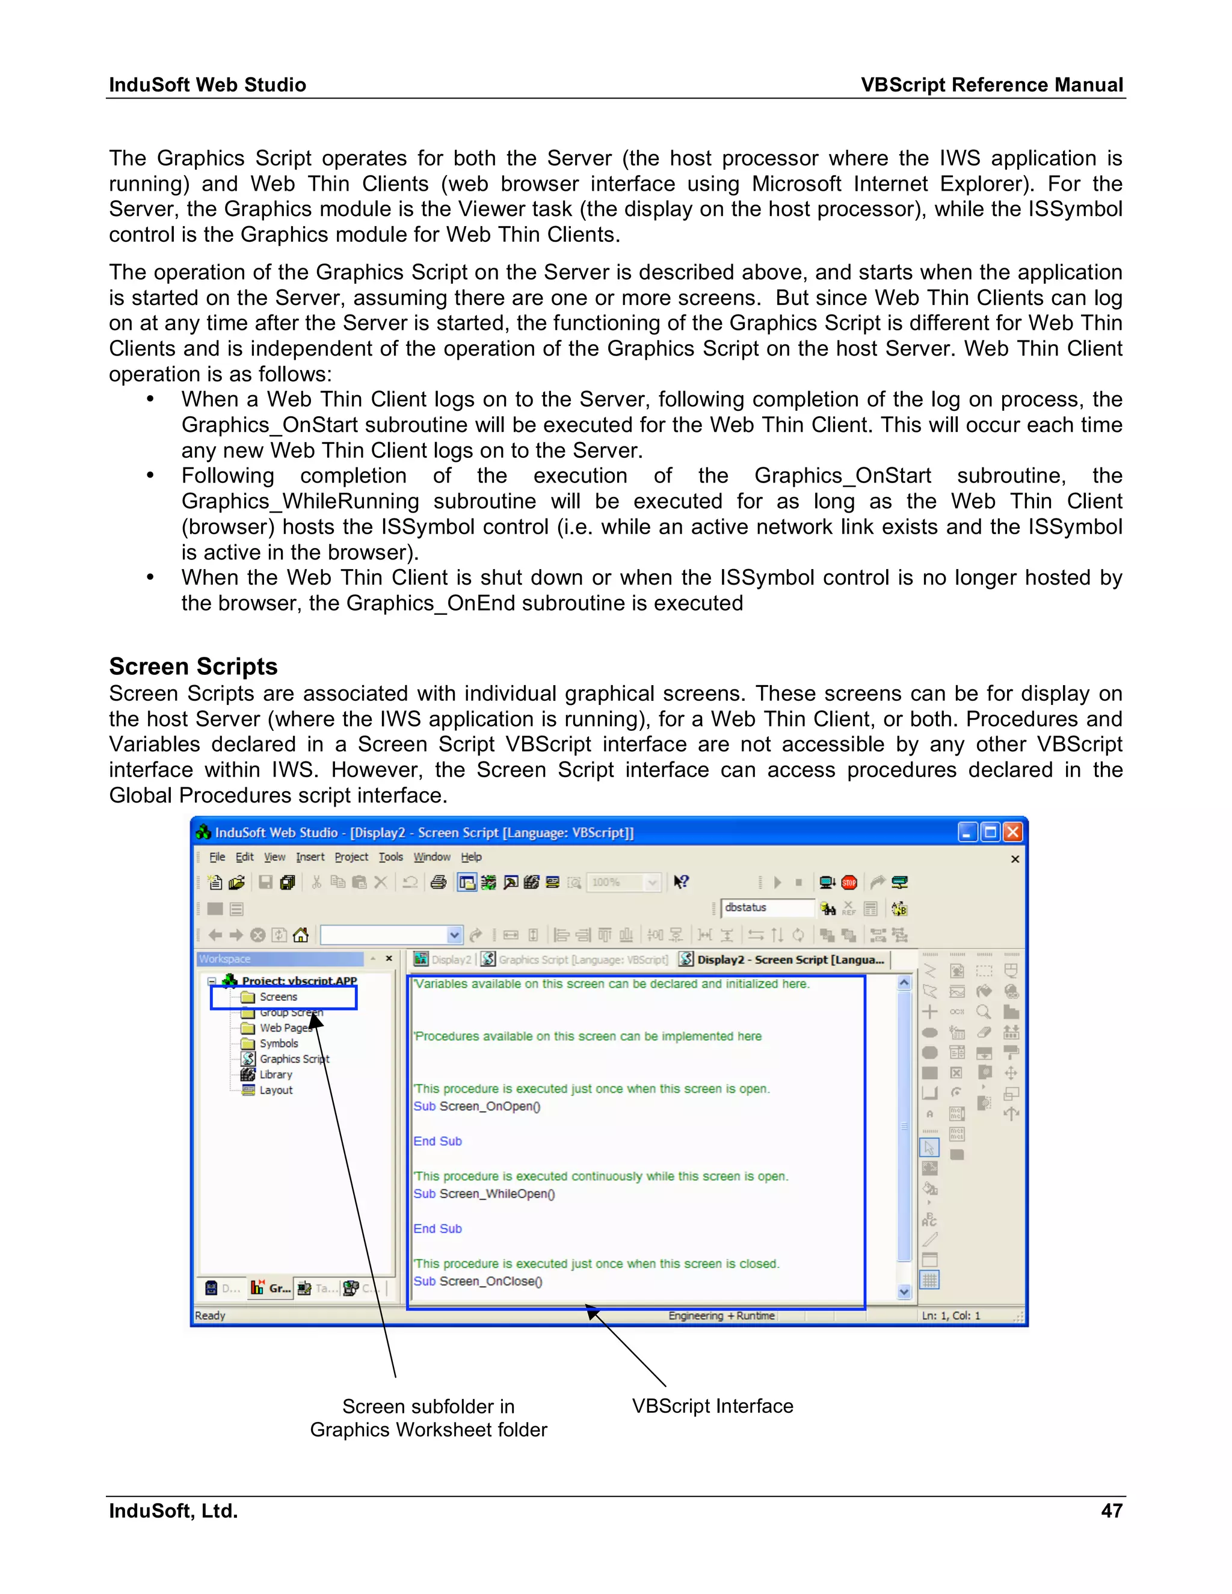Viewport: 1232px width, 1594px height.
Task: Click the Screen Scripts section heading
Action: click(194, 666)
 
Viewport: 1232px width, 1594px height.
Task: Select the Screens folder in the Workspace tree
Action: click(278, 997)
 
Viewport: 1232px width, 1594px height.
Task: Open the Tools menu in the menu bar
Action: click(390, 857)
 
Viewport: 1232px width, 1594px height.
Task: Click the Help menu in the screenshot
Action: click(471, 857)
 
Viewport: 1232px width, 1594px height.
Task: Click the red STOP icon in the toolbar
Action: click(849, 882)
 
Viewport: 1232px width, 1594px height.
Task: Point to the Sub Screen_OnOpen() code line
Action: click(476, 1106)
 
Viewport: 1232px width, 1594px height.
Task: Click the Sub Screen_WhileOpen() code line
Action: click(484, 1194)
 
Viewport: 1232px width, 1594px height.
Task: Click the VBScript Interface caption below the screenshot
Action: click(712, 1406)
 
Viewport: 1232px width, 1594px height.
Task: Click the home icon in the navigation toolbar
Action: click(301, 935)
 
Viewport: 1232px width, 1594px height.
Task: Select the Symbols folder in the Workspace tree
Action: click(278, 1044)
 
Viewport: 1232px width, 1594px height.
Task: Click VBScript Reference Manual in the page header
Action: click(991, 85)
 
